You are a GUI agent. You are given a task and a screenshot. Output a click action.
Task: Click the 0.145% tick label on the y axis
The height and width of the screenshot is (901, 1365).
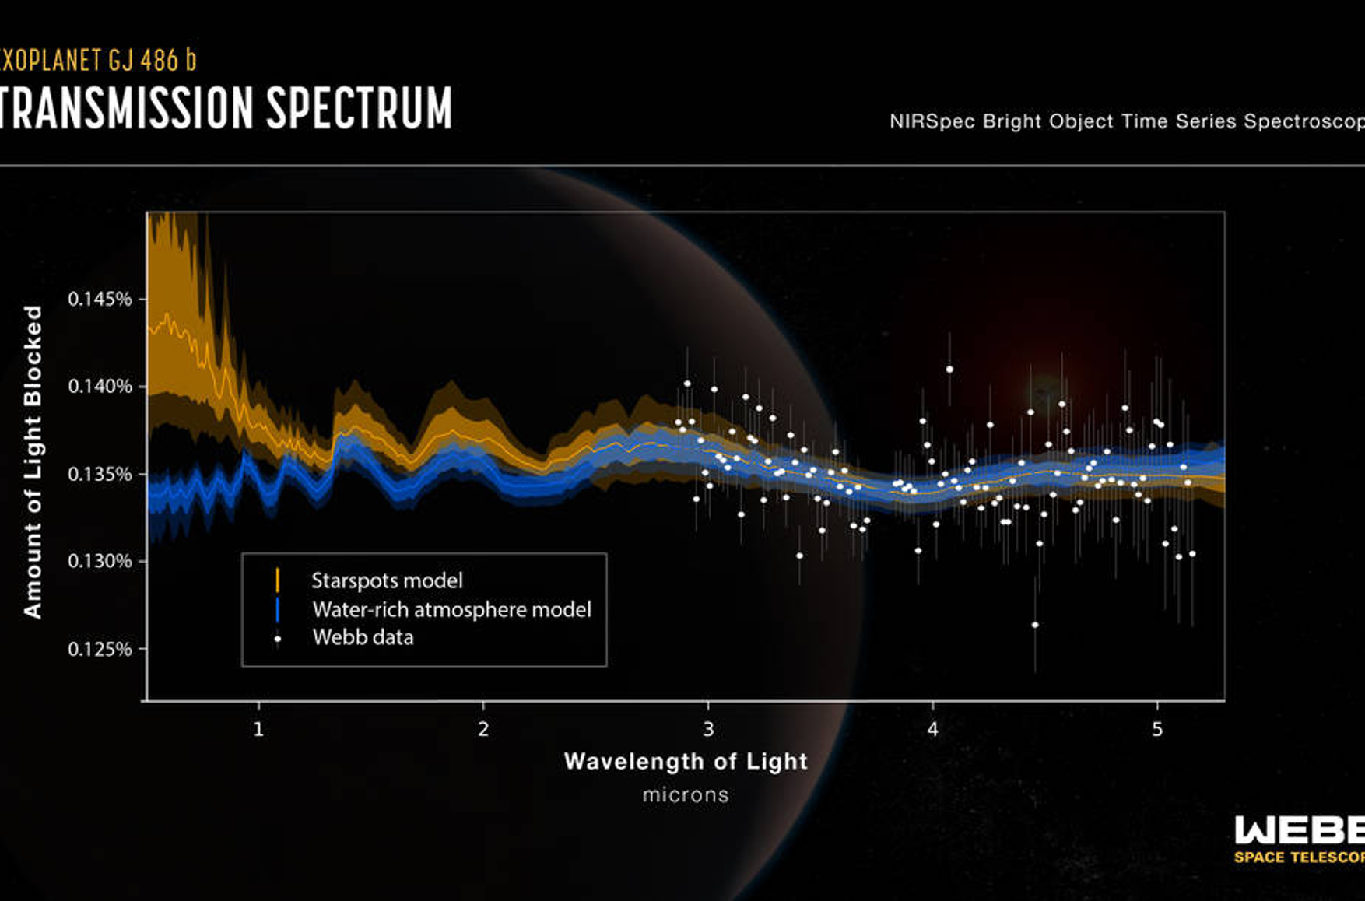click(x=100, y=300)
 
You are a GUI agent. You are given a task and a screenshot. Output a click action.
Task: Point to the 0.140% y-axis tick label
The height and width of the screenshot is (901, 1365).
click(x=100, y=387)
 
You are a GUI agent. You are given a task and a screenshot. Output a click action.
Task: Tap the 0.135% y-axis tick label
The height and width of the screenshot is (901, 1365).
click(x=100, y=475)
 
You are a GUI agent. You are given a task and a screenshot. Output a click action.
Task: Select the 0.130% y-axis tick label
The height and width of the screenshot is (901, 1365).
click(x=100, y=562)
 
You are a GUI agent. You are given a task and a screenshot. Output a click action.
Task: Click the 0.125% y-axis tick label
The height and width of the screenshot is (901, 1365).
click(x=100, y=650)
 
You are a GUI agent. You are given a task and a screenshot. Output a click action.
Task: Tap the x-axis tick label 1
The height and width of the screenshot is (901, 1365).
click(x=258, y=729)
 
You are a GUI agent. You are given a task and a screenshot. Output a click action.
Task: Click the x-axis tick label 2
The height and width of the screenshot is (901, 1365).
click(x=483, y=729)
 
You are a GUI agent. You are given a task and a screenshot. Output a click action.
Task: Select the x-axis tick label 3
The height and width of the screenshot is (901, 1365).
click(x=708, y=729)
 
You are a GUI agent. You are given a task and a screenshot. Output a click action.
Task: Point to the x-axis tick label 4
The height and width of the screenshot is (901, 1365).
click(x=932, y=729)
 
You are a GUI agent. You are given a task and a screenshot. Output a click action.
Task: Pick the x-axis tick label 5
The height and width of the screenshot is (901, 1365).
click(x=1157, y=729)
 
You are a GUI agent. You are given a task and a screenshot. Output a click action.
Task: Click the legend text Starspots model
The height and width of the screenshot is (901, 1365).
click(x=387, y=580)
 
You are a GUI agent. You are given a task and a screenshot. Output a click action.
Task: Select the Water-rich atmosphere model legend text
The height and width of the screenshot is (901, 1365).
click(x=451, y=609)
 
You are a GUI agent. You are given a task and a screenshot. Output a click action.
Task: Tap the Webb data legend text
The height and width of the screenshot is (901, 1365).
click(x=363, y=637)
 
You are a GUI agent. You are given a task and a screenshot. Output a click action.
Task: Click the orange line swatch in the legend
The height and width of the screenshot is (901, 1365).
click(x=278, y=580)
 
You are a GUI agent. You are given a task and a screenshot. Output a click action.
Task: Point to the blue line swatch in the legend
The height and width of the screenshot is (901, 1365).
click(x=278, y=609)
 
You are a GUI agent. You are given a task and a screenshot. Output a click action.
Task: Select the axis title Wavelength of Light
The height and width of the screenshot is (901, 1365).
click(x=686, y=761)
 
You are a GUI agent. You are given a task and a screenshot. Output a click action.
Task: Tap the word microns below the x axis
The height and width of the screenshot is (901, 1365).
click(x=686, y=794)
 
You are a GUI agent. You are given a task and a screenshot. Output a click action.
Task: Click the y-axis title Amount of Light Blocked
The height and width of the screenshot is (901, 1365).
click(x=33, y=462)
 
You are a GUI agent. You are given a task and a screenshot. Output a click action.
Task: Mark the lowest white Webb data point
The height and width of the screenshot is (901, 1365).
click(x=1035, y=625)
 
